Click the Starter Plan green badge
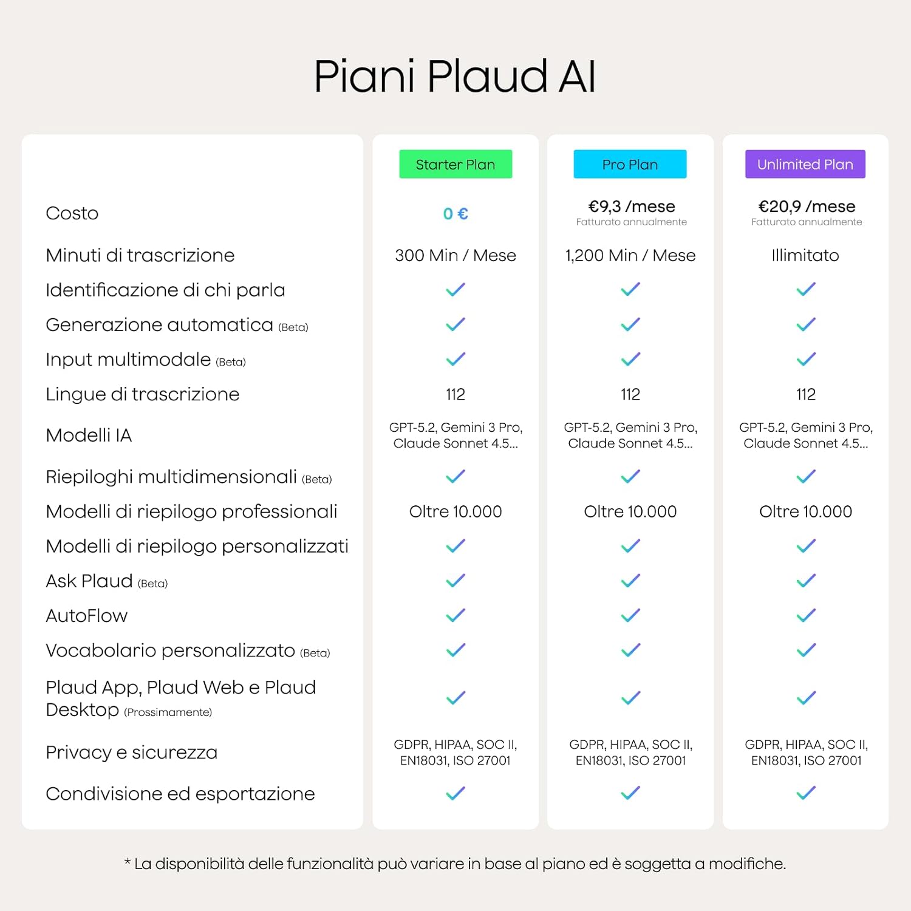point(455,164)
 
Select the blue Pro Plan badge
point(630,164)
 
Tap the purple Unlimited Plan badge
point(805,164)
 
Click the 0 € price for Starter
point(455,214)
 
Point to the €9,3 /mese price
point(632,206)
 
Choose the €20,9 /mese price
point(807,206)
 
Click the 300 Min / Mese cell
point(455,255)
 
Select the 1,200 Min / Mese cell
point(630,255)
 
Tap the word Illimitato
point(805,255)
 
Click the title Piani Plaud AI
point(455,77)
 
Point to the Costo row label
point(72,213)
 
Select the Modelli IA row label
point(89,435)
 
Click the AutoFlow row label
point(87,616)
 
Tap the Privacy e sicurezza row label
point(132,752)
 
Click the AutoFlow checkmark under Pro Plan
point(630,616)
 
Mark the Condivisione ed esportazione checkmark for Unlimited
point(806,793)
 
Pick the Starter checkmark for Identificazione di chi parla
point(455,290)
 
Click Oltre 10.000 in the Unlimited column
point(805,511)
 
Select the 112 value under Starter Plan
point(455,394)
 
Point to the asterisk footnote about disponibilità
point(455,864)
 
